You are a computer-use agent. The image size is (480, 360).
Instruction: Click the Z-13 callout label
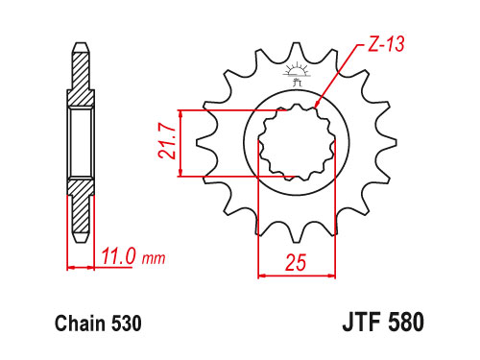[386, 44]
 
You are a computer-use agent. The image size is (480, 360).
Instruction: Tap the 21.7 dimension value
[167, 141]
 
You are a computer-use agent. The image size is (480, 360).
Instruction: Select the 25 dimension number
[296, 262]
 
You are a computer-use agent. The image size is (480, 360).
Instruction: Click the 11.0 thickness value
[118, 256]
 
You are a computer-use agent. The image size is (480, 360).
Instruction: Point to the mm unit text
[154, 258]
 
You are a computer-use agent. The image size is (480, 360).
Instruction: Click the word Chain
[81, 324]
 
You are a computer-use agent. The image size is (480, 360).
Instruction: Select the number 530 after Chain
[127, 324]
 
